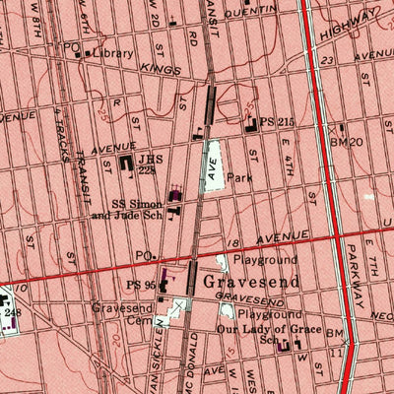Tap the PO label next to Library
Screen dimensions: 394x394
pyautogui.click(x=70, y=47)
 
